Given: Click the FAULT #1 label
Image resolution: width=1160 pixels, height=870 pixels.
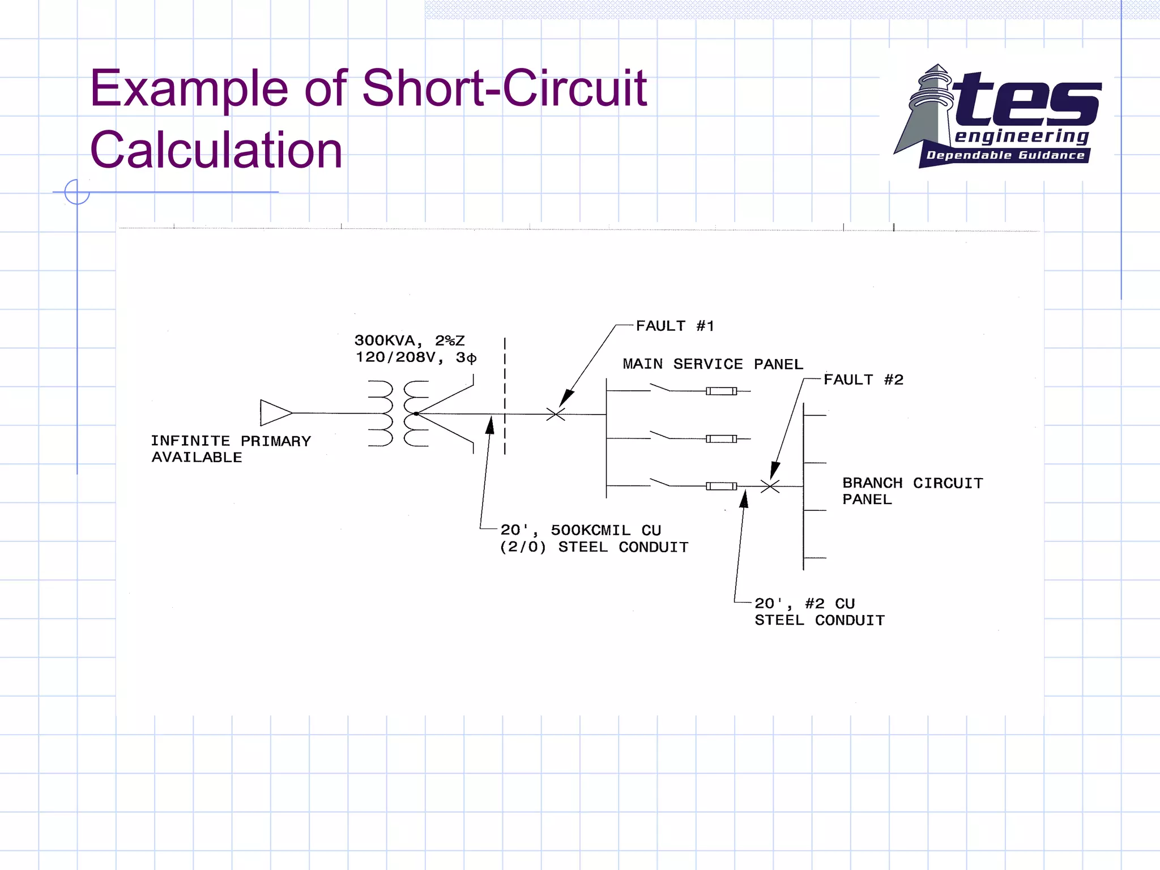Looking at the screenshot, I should (x=675, y=326).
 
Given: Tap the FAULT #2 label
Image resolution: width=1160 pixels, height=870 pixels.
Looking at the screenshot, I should (x=863, y=379).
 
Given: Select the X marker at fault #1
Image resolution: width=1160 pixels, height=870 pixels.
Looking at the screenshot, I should (x=556, y=415).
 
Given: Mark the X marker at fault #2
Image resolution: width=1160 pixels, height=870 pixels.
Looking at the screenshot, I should (x=770, y=486).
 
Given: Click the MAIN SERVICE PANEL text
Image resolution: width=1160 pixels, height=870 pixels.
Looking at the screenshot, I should (x=713, y=364).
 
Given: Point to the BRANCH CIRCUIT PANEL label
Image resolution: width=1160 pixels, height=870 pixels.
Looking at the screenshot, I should (x=912, y=491).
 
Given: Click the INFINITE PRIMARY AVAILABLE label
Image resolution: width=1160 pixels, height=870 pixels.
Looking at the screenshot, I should (x=231, y=449).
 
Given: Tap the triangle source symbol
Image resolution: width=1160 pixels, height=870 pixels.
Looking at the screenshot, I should (x=275, y=413).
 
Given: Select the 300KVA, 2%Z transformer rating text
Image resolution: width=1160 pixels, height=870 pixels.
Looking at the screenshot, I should (x=409, y=340).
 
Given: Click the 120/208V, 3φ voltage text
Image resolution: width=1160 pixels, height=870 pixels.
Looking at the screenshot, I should (x=416, y=357).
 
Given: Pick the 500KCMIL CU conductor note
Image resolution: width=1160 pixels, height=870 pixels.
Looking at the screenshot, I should (x=594, y=538).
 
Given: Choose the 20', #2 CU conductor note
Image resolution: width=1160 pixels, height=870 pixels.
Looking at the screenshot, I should (x=819, y=612).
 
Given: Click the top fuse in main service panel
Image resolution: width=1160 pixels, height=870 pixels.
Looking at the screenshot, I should (x=721, y=391).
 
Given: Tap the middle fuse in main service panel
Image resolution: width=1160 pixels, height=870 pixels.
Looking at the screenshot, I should (x=721, y=438).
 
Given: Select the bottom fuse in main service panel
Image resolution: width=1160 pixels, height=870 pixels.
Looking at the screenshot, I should (x=721, y=486).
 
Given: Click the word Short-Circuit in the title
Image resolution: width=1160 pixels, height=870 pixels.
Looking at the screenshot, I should (x=504, y=88).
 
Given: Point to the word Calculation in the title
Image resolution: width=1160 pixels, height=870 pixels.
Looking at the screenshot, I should (x=216, y=150).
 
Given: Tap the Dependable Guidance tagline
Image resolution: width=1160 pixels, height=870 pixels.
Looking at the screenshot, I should (x=1005, y=156).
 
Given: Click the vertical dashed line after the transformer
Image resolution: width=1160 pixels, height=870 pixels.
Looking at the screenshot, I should (x=505, y=396).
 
